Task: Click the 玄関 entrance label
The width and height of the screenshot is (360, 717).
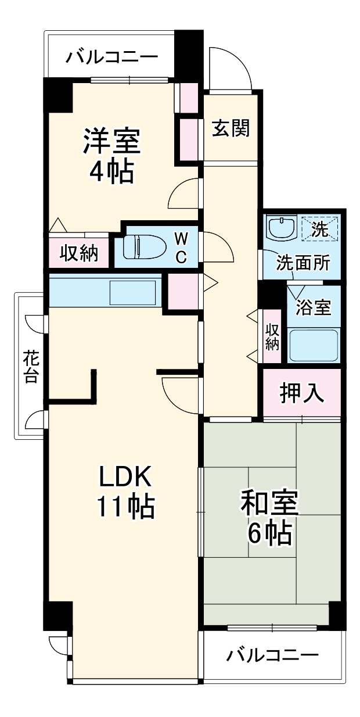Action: coord(230,128)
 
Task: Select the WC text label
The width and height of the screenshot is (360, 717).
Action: coord(181,246)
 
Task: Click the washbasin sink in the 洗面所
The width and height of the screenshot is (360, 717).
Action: coord(282,227)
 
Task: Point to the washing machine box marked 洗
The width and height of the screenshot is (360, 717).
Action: coord(319,227)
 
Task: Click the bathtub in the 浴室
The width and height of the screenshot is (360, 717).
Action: coord(314,345)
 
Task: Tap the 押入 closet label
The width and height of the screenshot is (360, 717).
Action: coord(301,393)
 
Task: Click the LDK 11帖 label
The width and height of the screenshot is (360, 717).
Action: coord(125,492)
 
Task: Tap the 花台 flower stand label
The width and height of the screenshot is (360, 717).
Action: coord(30,366)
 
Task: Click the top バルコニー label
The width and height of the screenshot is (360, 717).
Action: coord(111,57)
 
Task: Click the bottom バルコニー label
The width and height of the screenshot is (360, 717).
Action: coord(272,656)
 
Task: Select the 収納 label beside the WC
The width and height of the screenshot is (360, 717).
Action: coord(79,253)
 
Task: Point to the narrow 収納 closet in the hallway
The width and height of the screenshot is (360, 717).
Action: coord(272,336)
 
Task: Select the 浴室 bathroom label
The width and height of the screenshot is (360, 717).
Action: coord(314,307)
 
